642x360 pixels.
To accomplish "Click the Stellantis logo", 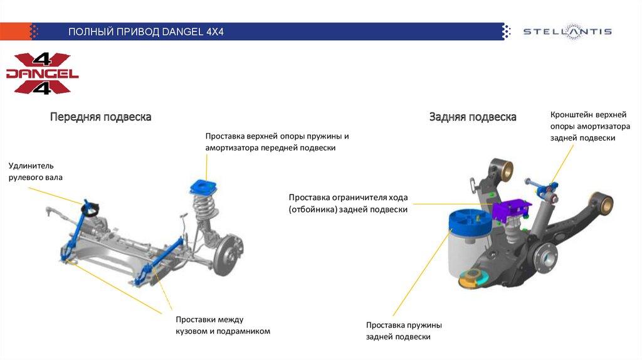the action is pyautogui.click(x=567, y=31).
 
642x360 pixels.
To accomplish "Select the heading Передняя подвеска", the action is pyautogui.click(x=101, y=117).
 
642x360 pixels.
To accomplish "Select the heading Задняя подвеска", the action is pyautogui.click(x=473, y=117).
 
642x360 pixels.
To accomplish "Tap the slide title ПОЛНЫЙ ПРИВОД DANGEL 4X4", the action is pyautogui.click(x=145, y=32).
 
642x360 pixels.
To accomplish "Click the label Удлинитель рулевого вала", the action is pyautogui.click(x=36, y=172).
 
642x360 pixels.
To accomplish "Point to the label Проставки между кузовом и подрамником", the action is pyautogui.click(x=223, y=325).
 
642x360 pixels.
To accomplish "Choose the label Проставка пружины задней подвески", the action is pyautogui.click(x=404, y=331).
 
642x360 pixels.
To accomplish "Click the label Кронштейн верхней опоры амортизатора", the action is pyautogui.click(x=590, y=126).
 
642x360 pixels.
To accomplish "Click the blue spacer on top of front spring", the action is pyautogui.click(x=204, y=187).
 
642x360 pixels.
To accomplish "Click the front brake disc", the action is pyautogui.click(x=228, y=254).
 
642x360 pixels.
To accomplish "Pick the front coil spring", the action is pyautogui.click(x=204, y=208).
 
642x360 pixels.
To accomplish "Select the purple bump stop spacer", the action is pyautogui.click(x=512, y=208).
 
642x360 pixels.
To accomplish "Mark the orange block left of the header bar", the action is pyautogui.click(x=16, y=31).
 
